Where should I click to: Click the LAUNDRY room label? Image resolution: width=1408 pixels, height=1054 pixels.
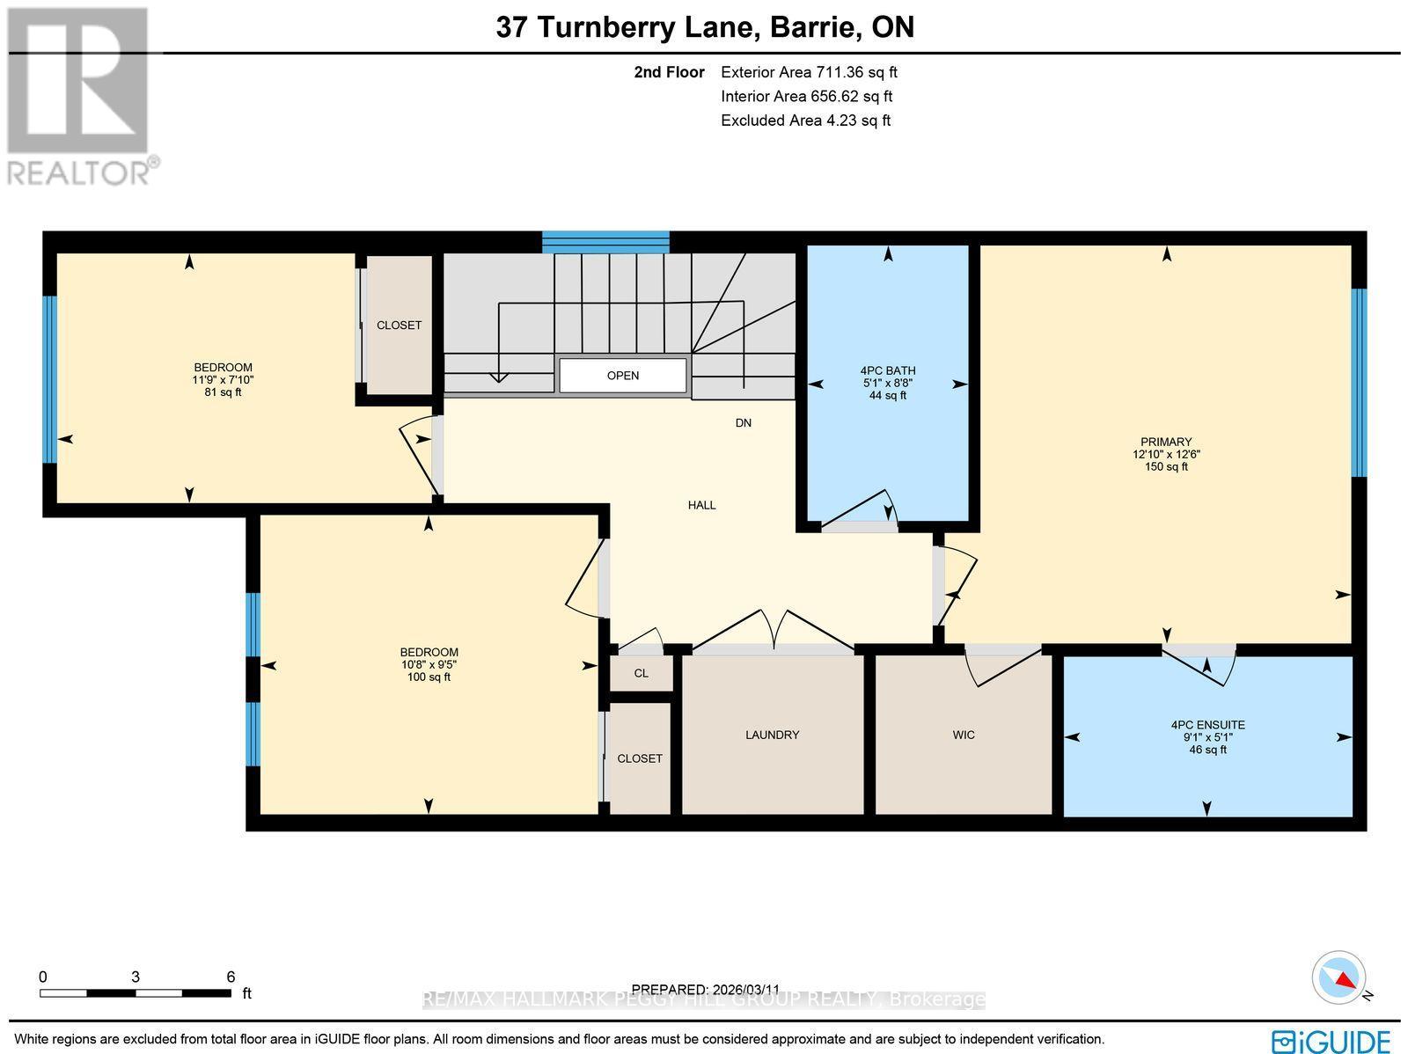(x=772, y=735)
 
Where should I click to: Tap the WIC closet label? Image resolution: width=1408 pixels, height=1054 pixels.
(x=964, y=735)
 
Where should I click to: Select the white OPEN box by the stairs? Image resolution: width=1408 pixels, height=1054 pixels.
(x=623, y=376)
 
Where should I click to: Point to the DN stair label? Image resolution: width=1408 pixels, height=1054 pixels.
(x=744, y=423)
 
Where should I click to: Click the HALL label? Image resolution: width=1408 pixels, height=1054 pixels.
(x=702, y=505)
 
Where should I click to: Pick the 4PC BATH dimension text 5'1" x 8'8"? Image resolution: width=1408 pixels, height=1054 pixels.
(x=888, y=384)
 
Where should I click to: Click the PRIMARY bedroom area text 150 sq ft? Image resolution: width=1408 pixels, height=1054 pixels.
(x=1166, y=467)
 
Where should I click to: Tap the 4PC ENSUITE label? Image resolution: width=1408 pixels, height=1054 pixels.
(x=1207, y=725)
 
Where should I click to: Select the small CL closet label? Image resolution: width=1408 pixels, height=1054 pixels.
(x=641, y=673)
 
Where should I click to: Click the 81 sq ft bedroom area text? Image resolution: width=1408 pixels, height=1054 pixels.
(x=223, y=392)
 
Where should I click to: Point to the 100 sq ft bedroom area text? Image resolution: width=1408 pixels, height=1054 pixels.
(x=429, y=677)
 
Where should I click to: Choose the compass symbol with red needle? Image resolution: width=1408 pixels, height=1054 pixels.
(x=1338, y=977)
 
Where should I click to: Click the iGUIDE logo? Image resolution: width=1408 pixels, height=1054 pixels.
(x=1332, y=1041)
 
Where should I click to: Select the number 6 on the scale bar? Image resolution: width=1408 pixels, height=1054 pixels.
(x=231, y=977)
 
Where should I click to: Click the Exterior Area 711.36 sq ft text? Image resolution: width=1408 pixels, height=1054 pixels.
(x=809, y=73)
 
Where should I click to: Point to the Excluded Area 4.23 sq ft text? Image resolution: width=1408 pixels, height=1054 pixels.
(x=805, y=121)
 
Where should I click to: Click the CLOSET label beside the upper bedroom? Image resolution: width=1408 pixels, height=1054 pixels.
(x=399, y=326)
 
